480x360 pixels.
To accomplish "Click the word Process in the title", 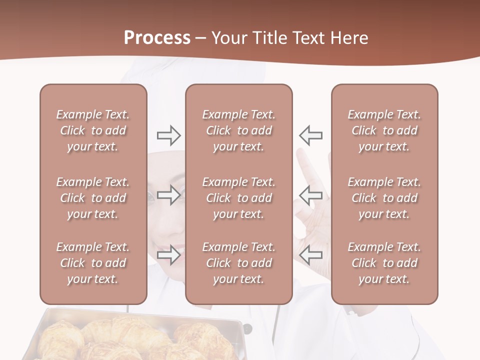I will (157, 38).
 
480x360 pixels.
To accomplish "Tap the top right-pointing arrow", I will (168, 135).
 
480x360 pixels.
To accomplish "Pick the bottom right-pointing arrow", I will (168, 255).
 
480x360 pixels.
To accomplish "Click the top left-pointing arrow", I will (310, 135).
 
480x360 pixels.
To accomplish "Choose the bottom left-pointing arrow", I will (310, 255).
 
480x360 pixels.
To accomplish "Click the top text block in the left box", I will (93, 130).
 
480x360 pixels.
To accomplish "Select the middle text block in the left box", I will (93, 198).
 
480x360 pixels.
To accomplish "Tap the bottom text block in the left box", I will (93, 263).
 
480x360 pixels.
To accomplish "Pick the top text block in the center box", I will (238, 130).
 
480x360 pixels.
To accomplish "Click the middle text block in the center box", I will (238, 198).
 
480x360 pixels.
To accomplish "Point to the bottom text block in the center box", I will (238, 263).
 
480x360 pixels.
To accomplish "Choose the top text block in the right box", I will (384, 130).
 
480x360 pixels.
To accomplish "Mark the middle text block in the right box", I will (384, 198).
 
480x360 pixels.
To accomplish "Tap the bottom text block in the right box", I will (384, 263).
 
